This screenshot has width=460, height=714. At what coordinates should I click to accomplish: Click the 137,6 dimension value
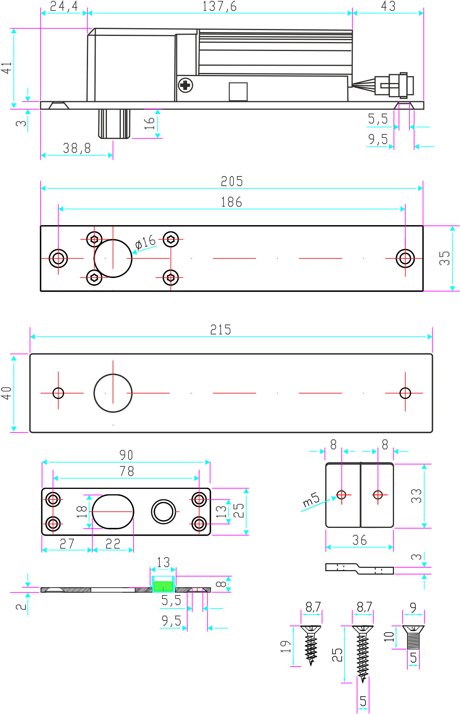[x=220, y=7]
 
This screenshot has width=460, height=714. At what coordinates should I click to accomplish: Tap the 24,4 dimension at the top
[x=64, y=7]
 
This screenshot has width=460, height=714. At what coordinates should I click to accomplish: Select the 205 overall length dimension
[x=232, y=181]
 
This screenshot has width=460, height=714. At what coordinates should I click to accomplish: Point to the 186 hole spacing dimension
[x=231, y=202]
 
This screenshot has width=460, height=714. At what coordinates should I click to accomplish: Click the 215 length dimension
[x=221, y=330]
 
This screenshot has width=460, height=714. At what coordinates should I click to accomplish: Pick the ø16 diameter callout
[x=145, y=243]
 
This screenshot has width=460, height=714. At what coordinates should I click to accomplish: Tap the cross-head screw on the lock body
[x=186, y=85]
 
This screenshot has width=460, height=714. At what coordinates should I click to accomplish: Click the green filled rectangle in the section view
[x=163, y=586]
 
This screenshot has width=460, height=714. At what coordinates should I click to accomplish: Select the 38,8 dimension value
[x=77, y=148]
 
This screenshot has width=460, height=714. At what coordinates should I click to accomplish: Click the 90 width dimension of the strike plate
[x=126, y=455]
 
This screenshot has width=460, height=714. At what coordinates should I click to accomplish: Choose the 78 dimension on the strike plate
[x=127, y=471]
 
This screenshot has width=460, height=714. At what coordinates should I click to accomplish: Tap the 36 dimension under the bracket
[x=359, y=540]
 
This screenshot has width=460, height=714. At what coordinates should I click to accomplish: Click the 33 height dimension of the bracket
[x=416, y=496]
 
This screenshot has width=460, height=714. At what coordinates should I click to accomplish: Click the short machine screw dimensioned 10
[x=413, y=638]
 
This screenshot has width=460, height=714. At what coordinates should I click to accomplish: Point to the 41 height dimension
[x=7, y=68]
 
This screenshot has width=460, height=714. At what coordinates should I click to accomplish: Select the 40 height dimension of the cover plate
[x=7, y=393]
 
